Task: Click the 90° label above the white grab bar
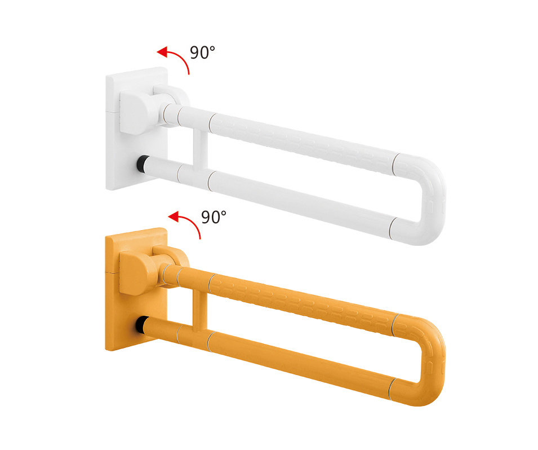(202, 52)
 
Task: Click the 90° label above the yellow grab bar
(214, 217)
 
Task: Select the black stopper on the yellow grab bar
(142, 325)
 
